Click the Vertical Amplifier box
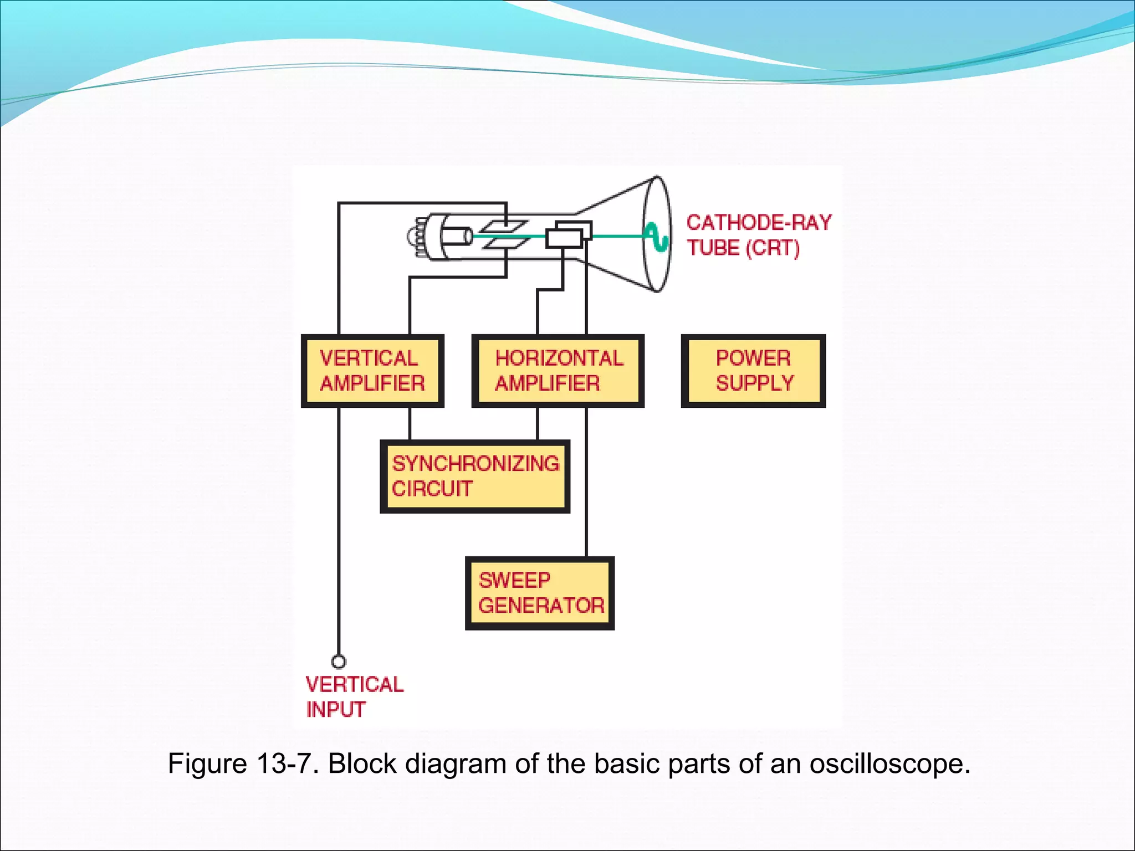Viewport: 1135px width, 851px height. (x=372, y=371)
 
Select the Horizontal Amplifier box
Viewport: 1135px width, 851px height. (x=558, y=371)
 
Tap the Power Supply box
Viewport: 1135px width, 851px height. (x=753, y=371)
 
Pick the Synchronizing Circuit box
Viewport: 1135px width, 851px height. (x=475, y=476)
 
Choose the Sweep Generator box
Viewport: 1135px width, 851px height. (x=540, y=593)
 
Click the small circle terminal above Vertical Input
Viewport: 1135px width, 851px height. (x=339, y=662)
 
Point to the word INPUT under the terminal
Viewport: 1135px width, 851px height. (x=336, y=710)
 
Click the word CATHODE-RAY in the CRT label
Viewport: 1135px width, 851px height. (x=759, y=223)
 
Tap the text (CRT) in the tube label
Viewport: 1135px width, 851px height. (x=773, y=248)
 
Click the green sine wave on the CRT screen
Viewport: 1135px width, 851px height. (x=658, y=237)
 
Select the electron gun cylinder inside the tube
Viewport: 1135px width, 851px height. (x=459, y=237)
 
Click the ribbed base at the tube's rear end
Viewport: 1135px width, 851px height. (x=417, y=237)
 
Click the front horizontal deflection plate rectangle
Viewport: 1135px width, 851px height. (x=564, y=239)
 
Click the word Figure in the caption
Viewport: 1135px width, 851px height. (x=207, y=763)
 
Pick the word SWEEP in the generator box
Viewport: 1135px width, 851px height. (x=514, y=581)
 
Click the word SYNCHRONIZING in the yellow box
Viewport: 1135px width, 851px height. (x=476, y=464)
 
